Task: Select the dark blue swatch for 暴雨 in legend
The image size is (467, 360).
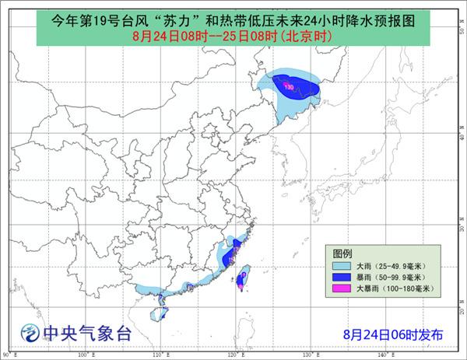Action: [x=339, y=276]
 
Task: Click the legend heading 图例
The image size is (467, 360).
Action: [x=343, y=253]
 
